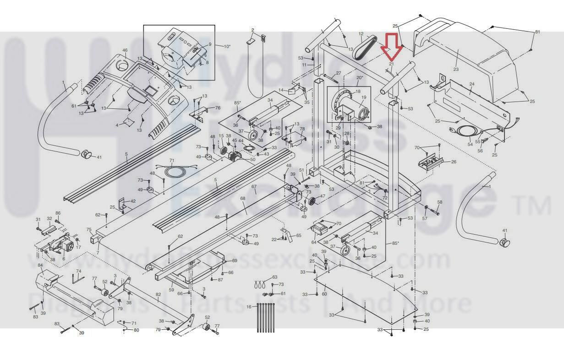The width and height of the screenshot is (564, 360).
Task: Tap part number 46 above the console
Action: pos(125,50)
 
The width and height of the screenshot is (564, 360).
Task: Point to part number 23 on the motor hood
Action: pos(456,70)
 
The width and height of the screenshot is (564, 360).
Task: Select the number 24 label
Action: pos(471,85)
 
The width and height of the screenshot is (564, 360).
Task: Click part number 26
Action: pos(454,162)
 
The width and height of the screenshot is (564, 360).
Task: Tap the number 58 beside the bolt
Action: pos(440,202)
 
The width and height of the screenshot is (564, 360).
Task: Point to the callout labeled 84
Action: pos(40,266)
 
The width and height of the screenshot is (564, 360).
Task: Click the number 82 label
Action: pos(158,294)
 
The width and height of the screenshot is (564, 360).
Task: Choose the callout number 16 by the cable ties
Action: pos(249,306)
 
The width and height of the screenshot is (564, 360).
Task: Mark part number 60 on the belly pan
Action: pos(324,294)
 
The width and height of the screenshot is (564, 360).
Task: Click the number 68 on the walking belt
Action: pos(243,199)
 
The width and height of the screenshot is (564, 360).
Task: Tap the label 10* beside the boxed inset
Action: pos(227,47)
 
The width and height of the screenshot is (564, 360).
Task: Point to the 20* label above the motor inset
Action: pos(359,78)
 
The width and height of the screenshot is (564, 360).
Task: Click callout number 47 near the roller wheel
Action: pos(323,196)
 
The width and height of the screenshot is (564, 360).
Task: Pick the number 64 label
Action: pos(314,242)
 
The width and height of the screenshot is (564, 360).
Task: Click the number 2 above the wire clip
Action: pos(252,30)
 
